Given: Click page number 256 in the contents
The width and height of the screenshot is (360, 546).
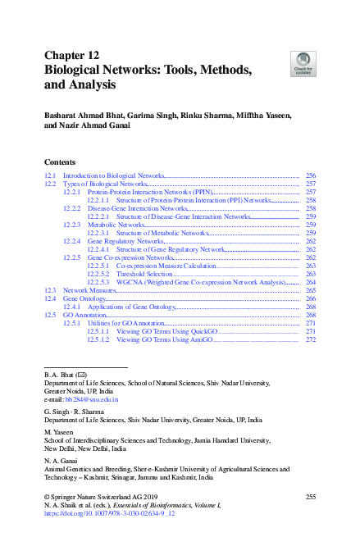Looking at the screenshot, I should [310, 176].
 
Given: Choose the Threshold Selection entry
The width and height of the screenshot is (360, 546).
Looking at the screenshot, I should [144, 274].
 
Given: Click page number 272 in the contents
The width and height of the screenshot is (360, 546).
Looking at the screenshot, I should [310, 339].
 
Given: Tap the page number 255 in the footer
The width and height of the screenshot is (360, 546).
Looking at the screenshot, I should [310, 498].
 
